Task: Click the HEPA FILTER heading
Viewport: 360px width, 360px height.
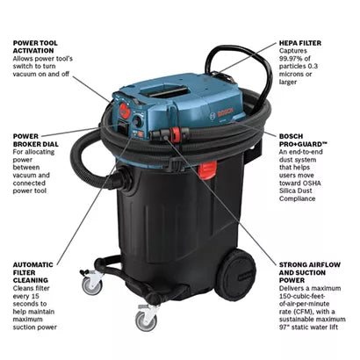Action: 300,43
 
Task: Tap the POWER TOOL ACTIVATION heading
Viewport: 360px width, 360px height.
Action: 35,47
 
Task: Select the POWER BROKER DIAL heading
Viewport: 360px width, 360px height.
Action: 35,140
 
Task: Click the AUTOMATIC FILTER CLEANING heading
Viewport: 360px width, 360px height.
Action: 33,272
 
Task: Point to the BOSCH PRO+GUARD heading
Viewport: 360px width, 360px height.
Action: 303,140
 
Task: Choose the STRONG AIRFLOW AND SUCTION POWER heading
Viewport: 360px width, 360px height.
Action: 310,272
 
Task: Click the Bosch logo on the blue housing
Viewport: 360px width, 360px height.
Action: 225,112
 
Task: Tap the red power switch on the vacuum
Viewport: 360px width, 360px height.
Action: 125,111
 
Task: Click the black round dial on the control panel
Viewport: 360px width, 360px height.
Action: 137,121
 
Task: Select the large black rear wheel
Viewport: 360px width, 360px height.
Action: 235,275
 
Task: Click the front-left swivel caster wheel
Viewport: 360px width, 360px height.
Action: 91,285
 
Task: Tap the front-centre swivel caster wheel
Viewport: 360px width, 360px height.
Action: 146,321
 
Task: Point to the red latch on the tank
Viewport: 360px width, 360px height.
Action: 208,171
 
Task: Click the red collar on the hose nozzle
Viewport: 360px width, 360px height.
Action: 176,135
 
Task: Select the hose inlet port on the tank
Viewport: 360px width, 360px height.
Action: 126,179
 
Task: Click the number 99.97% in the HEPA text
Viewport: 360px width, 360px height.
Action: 291,59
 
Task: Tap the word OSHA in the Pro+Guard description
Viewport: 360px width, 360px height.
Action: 311,184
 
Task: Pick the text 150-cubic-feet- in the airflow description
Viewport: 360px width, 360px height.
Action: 301,296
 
